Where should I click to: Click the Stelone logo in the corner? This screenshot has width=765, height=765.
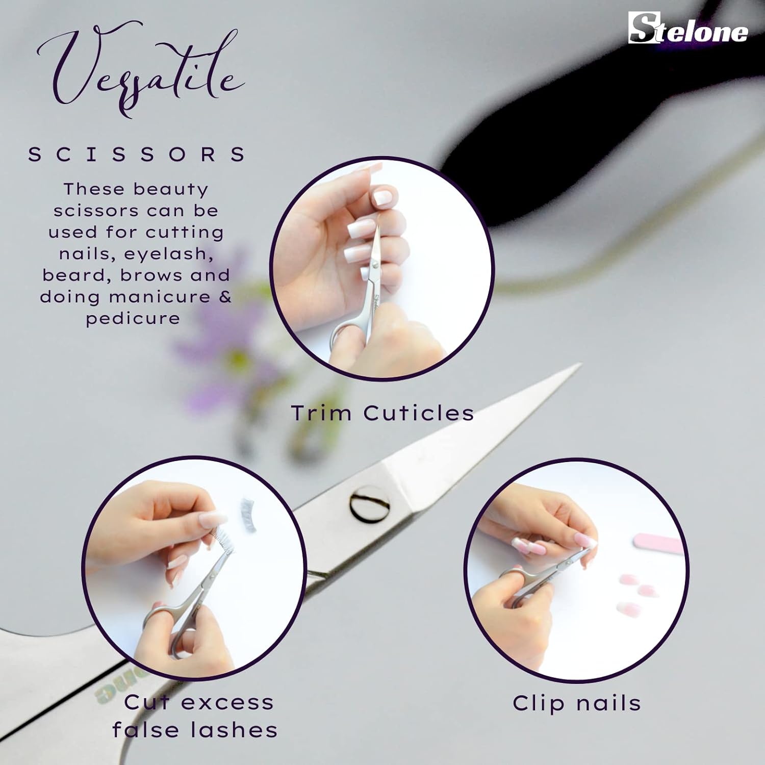pos(688,28)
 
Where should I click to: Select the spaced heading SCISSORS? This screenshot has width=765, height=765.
pos(137,154)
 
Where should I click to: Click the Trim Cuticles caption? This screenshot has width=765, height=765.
pos(382,413)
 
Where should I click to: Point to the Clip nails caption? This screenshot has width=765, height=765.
pos(577,703)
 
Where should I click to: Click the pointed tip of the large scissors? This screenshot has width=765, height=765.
pos(580,364)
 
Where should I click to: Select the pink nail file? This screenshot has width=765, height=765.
pos(657,544)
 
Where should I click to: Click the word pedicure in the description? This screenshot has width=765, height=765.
pos(133,319)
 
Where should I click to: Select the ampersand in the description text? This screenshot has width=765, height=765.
pos(225,296)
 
